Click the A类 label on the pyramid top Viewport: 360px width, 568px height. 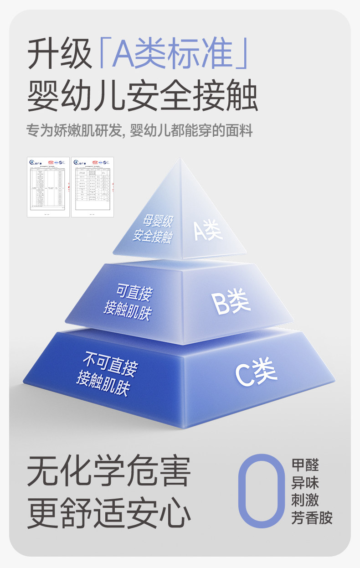coord(208,230)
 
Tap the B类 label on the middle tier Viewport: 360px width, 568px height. coord(231,303)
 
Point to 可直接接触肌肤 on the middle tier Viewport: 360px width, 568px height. coord(128,301)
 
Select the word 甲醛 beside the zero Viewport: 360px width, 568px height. coord(305,465)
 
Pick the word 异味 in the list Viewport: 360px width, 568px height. coord(305,483)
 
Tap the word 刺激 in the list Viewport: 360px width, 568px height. coord(305,500)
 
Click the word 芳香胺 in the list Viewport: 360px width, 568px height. coord(312,518)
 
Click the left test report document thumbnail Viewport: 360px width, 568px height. coord(48,187)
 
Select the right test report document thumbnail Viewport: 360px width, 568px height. coord(92,187)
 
